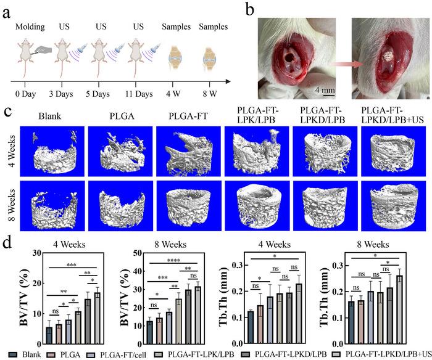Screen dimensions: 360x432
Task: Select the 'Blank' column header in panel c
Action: tap(51, 116)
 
